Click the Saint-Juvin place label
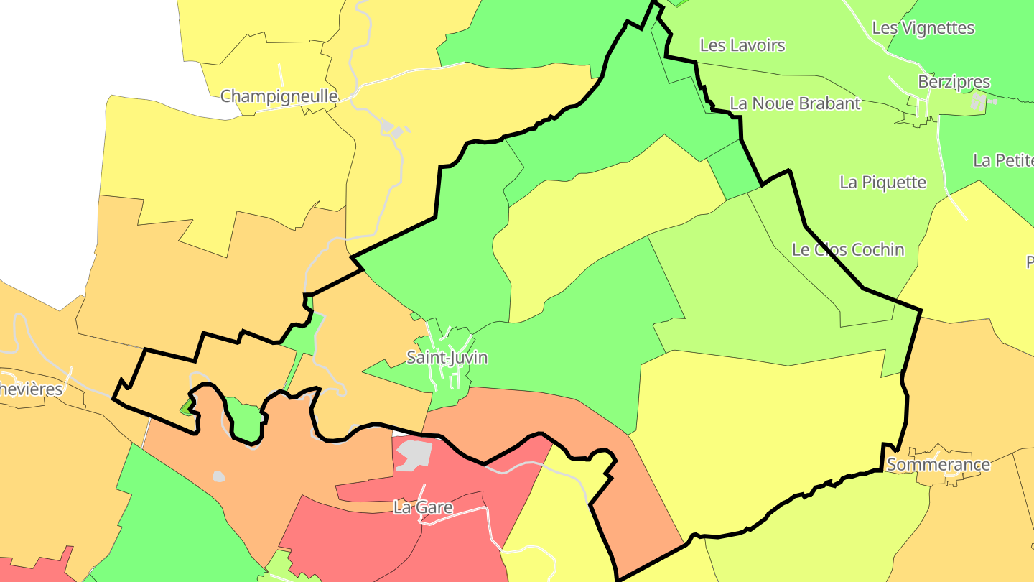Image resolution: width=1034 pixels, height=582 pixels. tap(447, 357)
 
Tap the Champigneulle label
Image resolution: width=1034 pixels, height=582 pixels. tap(279, 96)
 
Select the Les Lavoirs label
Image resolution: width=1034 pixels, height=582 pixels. tap(742, 45)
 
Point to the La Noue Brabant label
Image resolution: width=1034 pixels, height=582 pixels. tap(794, 103)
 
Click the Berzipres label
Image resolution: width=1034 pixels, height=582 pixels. tap(954, 82)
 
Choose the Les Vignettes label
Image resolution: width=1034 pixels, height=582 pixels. tap(923, 28)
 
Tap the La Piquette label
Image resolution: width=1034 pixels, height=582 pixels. tap(882, 183)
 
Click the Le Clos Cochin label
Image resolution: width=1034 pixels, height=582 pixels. tap(847, 250)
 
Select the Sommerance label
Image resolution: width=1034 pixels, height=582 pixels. tap(938, 465)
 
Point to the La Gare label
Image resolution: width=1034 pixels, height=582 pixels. tap(423, 507)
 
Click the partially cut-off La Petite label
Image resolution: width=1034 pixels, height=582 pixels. tap(1003, 160)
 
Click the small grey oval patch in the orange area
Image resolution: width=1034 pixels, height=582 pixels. tap(219, 476)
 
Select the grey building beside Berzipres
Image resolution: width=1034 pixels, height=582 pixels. tap(979, 101)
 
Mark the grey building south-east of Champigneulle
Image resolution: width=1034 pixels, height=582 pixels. tap(388, 129)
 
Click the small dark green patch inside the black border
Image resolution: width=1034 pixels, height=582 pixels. tap(187, 408)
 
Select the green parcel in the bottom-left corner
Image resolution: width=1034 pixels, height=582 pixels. tap(165, 517)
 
